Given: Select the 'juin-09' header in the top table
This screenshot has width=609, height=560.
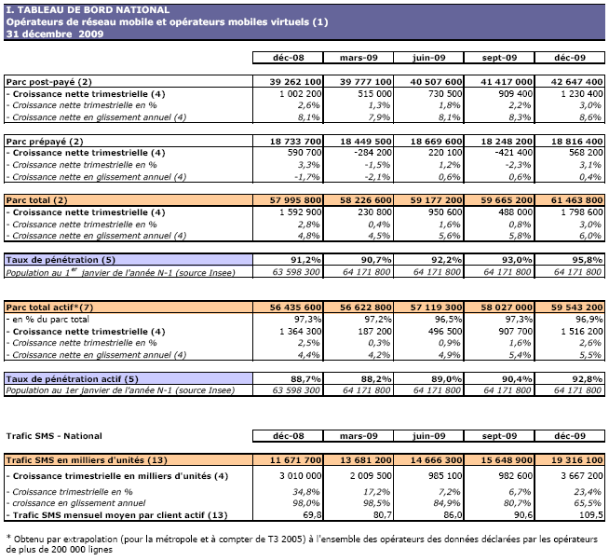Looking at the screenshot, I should click(x=429, y=58).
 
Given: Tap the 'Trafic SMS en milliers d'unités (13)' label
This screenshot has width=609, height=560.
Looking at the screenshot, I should click(x=86, y=458).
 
